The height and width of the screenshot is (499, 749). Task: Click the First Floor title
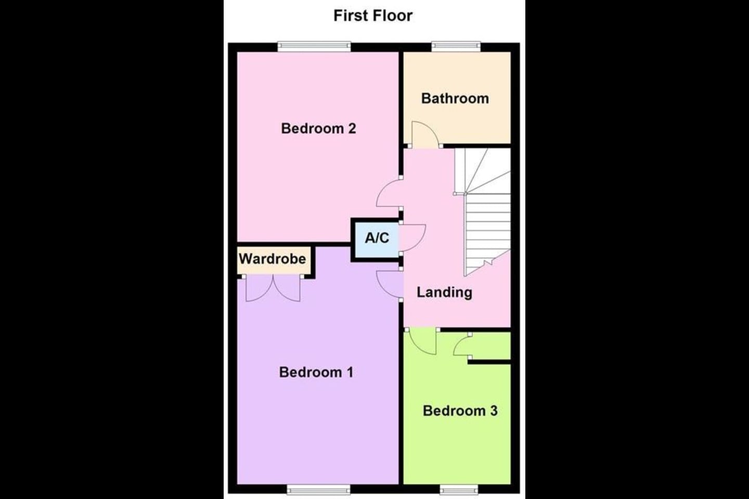(x=373, y=16)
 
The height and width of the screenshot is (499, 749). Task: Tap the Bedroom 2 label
(x=318, y=128)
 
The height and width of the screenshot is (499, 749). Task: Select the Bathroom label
(x=455, y=98)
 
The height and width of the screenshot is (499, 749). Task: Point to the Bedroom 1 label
(x=316, y=372)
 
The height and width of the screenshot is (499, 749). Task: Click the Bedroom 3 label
(x=460, y=411)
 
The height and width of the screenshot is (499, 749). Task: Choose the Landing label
(x=444, y=292)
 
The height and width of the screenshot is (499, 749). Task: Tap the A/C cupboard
(x=377, y=238)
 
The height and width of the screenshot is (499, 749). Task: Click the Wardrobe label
(x=272, y=259)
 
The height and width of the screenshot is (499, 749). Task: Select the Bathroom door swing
(x=424, y=134)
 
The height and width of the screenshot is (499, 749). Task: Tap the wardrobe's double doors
(x=273, y=288)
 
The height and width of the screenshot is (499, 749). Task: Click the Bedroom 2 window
(x=314, y=46)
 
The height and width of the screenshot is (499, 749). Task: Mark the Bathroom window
(x=456, y=46)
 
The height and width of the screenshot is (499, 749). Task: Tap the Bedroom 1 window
(x=318, y=489)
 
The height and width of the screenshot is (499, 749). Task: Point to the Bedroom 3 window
(x=459, y=489)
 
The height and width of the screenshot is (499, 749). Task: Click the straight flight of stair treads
(x=487, y=234)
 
